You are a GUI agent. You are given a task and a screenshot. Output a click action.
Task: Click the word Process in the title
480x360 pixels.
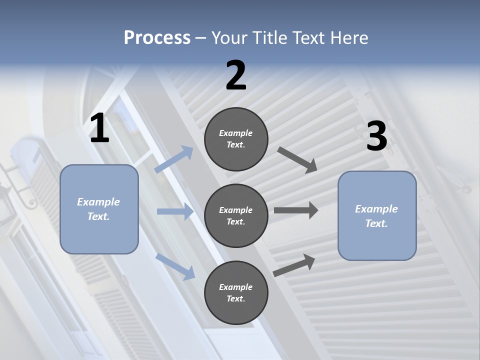pyautogui.click(x=157, y=38)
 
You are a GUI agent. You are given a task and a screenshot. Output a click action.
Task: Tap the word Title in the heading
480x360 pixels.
pyautogui.click(x=270, y=38)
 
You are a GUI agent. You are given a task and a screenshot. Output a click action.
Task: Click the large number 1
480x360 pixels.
pyautogui.click(x=99, y=129)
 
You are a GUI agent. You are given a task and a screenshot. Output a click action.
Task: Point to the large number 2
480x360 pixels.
pyautogui.click(x=236, y=76)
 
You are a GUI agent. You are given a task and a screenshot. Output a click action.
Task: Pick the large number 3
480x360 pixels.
pyautogui.click(x=376, y=136)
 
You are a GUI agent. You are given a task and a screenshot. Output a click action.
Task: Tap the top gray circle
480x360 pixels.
pyautogui.click(x=236, y=139)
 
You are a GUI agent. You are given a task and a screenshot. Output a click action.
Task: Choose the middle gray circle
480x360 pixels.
pyautogui.click(x=236, y=215)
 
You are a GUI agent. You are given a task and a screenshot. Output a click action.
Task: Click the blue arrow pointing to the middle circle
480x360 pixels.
pyautogui.click(x=175, y=211)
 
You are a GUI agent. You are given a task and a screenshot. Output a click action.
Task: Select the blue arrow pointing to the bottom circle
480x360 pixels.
pyautogui.click(x=175, y=266)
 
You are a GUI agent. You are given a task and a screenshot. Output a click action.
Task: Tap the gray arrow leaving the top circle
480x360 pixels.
pyautogui.click(x=297, y=159)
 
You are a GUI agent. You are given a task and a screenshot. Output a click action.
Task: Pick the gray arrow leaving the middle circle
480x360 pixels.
pyautogui.click(x=296, y=210)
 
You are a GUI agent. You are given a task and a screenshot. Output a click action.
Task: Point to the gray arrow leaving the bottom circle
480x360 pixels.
pyautogui.click(x=294, y=265)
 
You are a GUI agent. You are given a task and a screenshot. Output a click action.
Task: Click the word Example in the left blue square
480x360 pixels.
pyautogui.click(x=98, y=202)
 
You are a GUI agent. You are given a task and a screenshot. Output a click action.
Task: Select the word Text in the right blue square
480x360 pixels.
pyautogui.click(x=375, y=223)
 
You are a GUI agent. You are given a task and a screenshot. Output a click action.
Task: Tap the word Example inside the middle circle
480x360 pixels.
pyautogui.click(x=235, y=210)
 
